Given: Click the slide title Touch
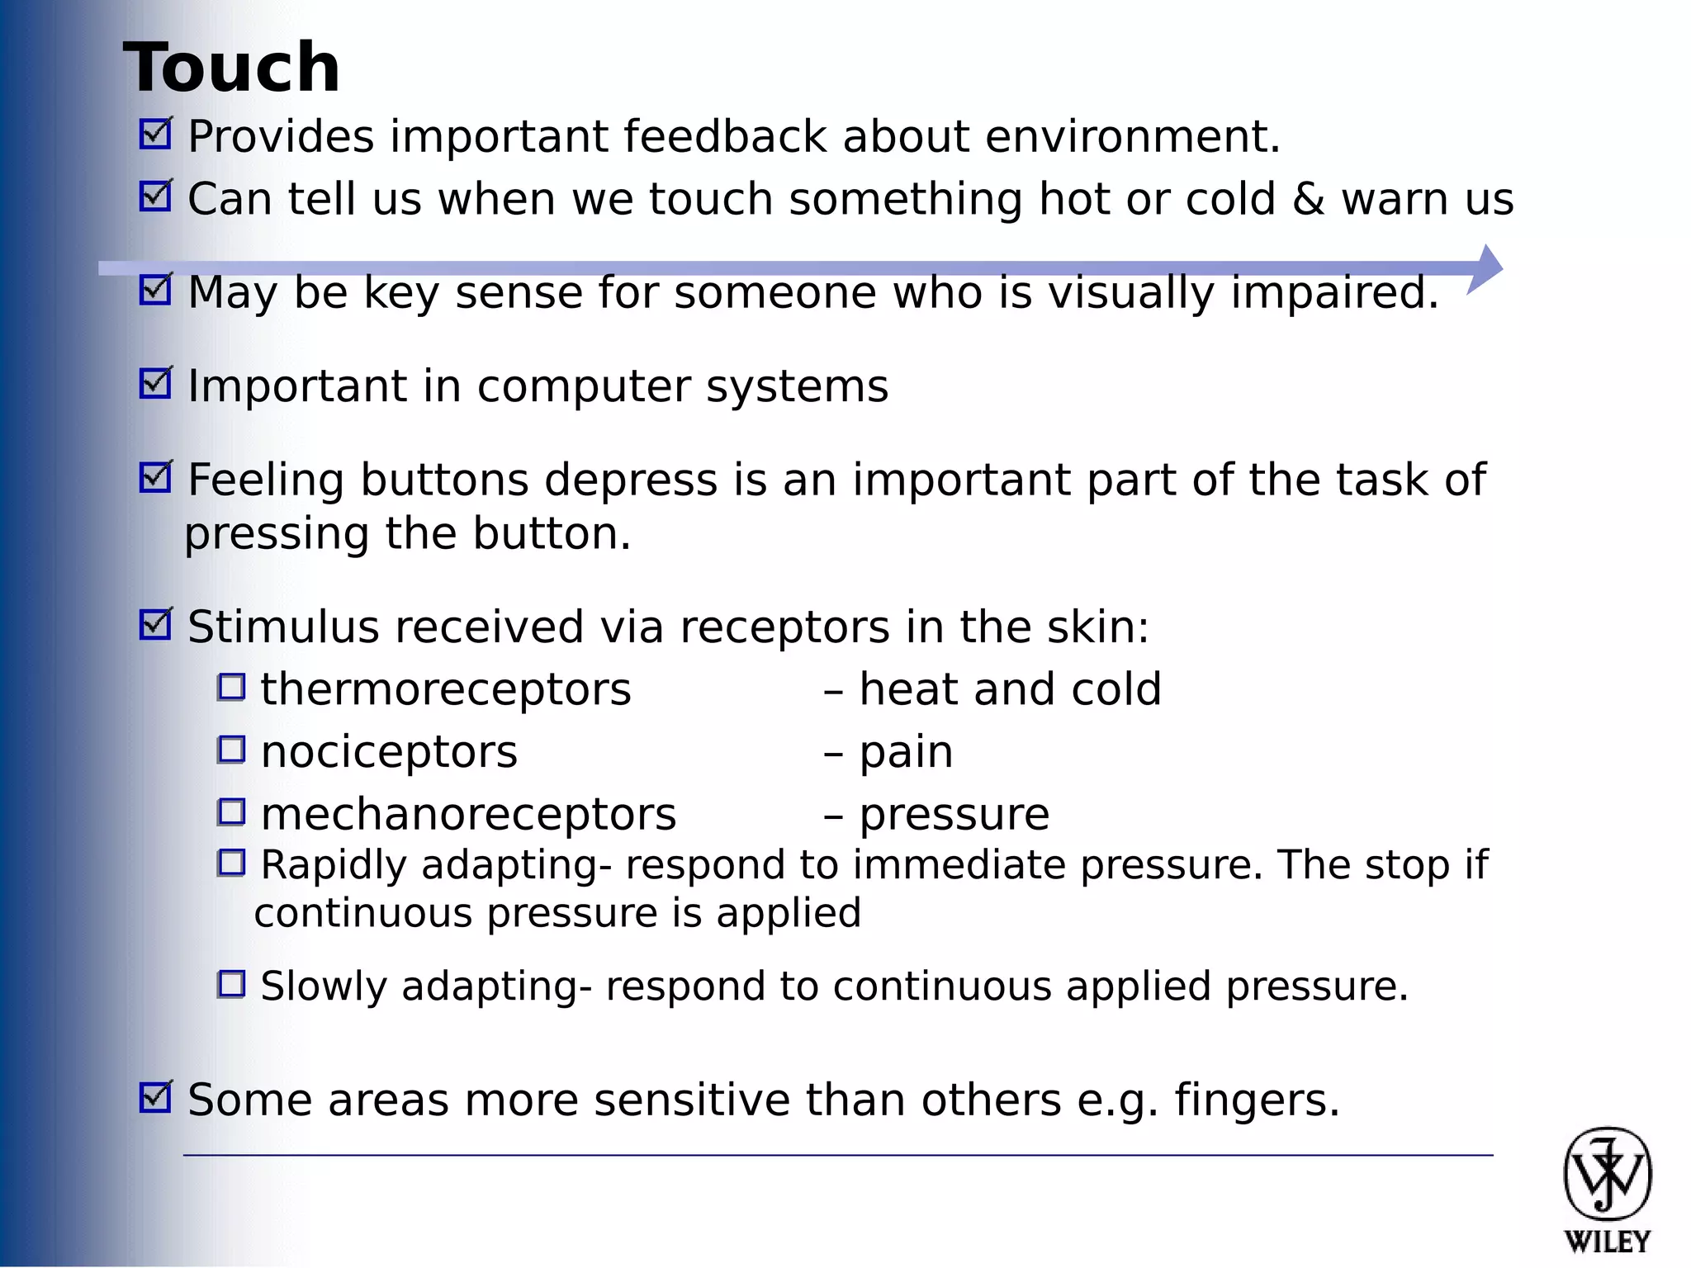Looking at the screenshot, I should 232,68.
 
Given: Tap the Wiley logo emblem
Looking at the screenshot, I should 1607,1174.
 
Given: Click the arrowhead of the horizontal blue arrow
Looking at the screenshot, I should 1486,268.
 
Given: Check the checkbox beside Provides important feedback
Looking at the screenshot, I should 155,134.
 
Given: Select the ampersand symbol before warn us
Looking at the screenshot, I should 1308,200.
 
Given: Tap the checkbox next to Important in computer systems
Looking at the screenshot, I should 155,384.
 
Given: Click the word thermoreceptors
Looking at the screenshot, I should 446,689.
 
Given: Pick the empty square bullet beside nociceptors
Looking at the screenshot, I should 231,750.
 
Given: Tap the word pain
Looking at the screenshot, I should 906,753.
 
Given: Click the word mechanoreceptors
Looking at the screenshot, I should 468,815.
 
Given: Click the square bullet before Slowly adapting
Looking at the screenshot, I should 231,984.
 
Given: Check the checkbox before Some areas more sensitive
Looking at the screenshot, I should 155,1098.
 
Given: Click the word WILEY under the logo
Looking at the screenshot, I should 1607,1242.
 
